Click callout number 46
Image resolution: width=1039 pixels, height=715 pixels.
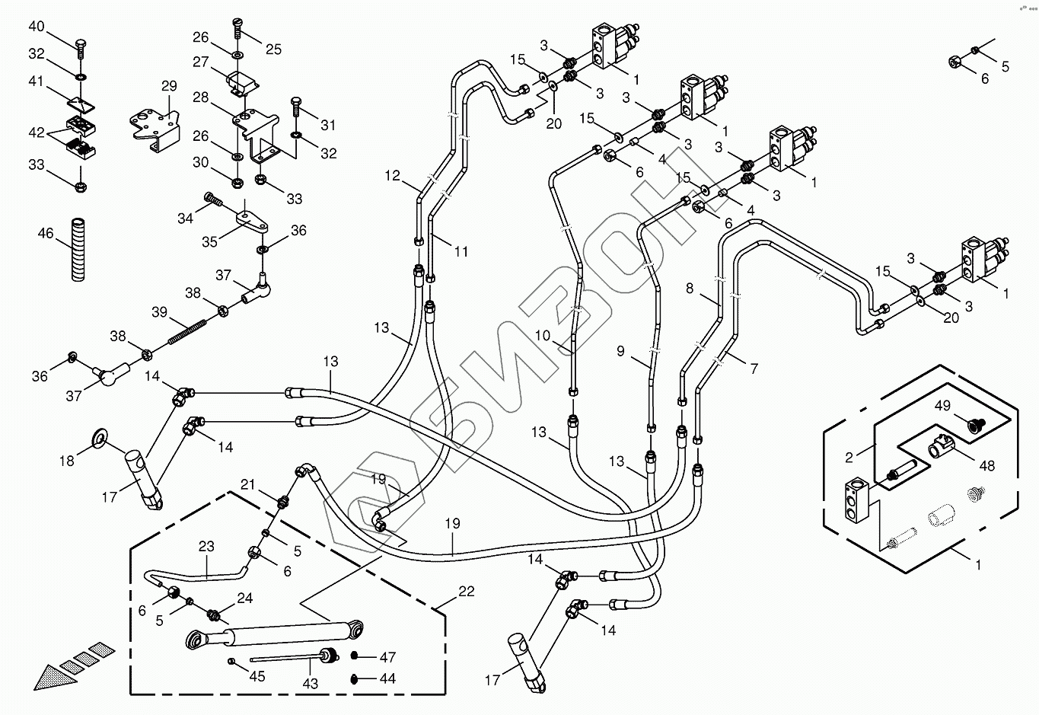coord(46,233)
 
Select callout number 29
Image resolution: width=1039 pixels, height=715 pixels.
coord(168,86)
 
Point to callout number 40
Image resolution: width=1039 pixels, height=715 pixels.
coord(37,27)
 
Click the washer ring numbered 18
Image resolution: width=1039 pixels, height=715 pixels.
coord(98,436)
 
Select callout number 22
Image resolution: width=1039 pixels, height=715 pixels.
coord(467,592)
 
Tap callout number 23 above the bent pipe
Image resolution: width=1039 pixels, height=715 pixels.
coord(206,546)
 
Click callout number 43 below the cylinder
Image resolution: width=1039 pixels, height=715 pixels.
coord(311,683)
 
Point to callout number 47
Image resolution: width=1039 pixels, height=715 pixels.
coord(387,656)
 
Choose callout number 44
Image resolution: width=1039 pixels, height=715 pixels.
coord(387,678)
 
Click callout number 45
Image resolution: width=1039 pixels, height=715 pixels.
coord(257,676)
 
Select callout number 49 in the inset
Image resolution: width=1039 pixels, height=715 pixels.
coord(943,406)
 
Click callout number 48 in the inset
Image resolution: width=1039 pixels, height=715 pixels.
coord(987,466)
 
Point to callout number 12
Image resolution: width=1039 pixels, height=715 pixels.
coord(392,176)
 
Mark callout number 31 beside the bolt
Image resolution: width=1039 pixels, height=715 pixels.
coord(328,125)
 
